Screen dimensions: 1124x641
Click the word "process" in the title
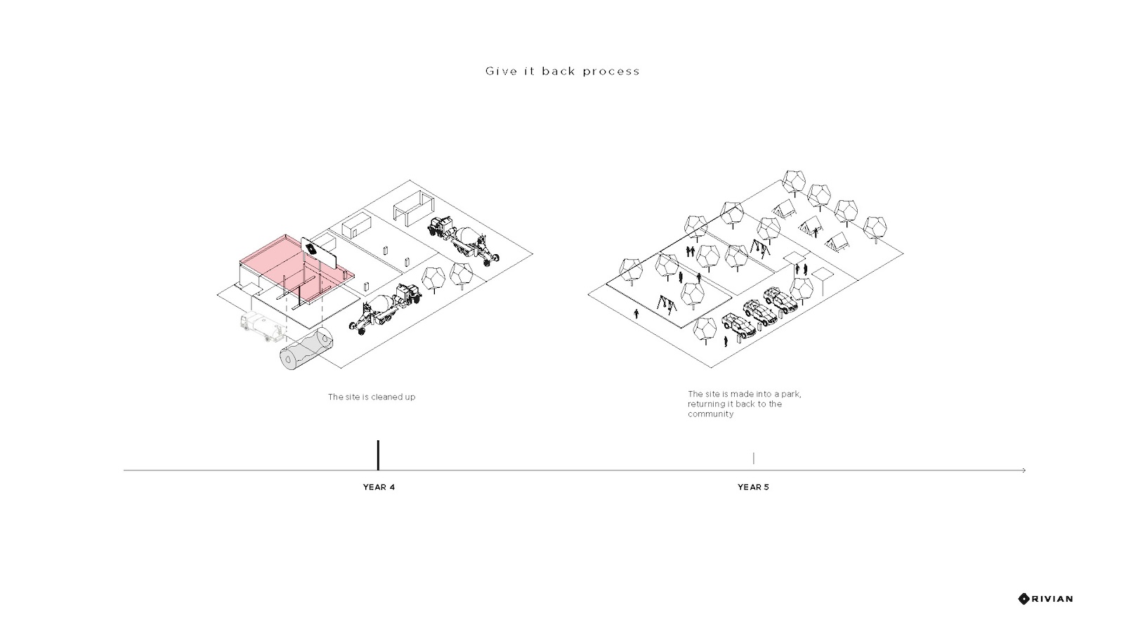(611, 71)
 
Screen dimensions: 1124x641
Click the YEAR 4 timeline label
(379, 487)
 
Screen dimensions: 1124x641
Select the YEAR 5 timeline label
(753, 487)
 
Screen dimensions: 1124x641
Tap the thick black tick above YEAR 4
(378, 456)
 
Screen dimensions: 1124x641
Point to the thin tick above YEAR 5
(753, 458)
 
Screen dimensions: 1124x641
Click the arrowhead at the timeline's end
(1024, 470)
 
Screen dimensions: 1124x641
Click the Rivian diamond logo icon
(1024, 599)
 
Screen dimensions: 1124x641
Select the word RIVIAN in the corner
(1052, 599)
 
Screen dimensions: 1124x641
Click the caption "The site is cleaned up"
(372, 397)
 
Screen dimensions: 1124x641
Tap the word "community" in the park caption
(710, 414)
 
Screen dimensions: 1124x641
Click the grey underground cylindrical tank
(306, 349)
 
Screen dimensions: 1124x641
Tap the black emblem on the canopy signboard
(311, 249)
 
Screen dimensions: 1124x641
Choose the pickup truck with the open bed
(738, 326)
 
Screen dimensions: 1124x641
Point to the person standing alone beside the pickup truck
(726, 342)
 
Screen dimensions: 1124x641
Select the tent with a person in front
(811, 227)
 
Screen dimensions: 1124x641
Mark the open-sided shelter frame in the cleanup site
(414, 208)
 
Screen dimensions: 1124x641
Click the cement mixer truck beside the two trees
(386, 310)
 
